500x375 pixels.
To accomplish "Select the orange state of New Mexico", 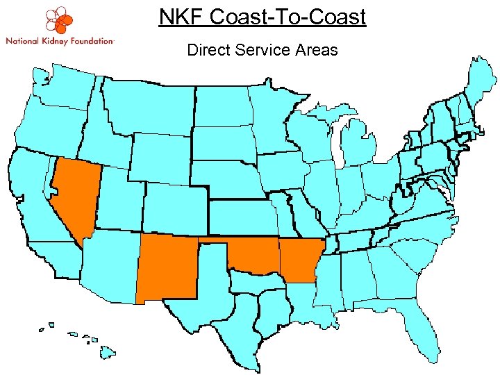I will [x=167, y=267].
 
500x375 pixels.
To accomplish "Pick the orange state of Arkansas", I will [x=299, y=260].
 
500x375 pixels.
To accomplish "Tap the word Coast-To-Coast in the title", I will [x=288, y=17].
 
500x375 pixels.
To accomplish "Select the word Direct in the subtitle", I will [x=206, y=50].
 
